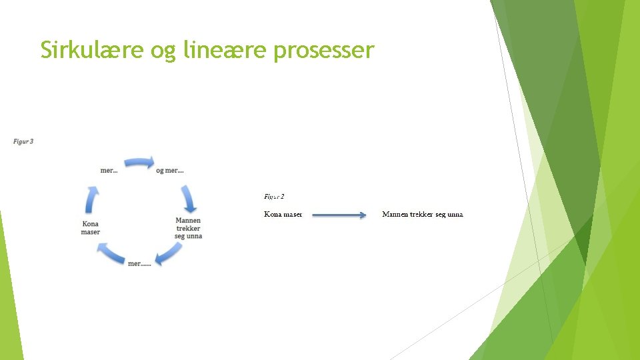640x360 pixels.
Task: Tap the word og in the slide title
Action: point(164,51)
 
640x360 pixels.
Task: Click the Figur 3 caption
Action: point(23,141)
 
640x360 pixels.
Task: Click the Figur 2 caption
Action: point(274,197)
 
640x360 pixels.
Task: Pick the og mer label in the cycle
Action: point(169,171)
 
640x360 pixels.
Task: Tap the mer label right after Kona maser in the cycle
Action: point(109,171)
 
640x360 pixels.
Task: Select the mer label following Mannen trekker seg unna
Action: point(139,264)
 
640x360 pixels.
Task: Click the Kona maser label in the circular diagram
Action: point(91,228)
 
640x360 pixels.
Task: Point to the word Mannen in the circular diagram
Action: point(188,221)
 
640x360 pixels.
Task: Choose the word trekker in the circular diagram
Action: point(188,229)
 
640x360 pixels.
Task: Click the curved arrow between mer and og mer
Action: point(139,162)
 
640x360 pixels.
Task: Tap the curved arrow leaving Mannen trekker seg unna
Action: point(168,255)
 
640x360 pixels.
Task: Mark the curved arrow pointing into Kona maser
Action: point(111,254)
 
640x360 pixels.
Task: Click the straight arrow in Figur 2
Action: point(339,215)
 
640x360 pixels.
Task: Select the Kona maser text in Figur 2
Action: point(283,215)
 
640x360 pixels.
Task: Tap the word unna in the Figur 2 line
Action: point(455,215)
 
